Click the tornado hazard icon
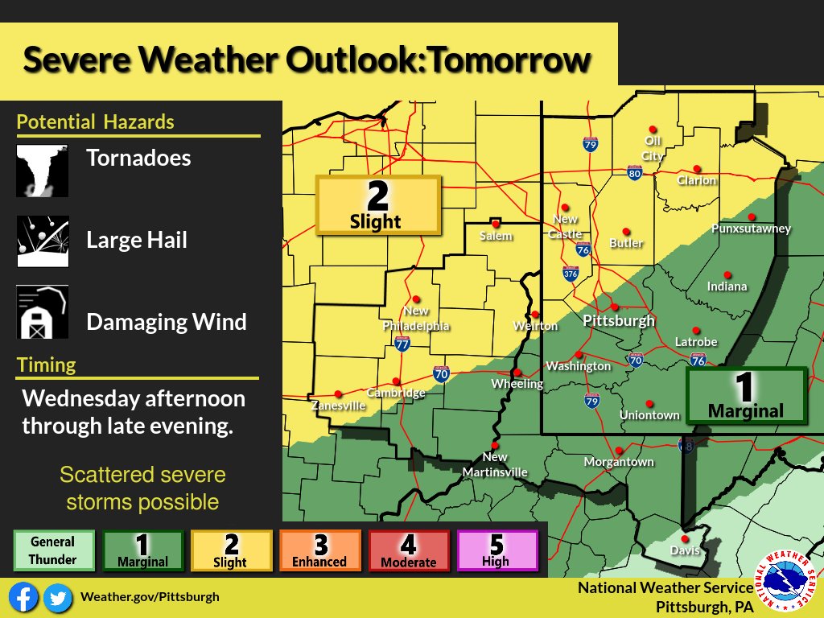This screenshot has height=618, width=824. click(x=42, y=171)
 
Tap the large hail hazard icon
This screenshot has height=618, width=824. click(x=42, y=241)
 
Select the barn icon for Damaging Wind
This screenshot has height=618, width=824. click(x=42, y=312)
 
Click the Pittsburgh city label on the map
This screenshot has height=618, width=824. click(x=618, y=320)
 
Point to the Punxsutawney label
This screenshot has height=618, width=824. click(x=751, y=229)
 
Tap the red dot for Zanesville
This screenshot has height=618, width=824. click(x=338, y=393)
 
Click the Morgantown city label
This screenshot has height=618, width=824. click(x=619, y=462)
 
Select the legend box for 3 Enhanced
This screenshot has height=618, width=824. click(x=319, y=551)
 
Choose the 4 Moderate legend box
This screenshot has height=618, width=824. click(x=408, y=551)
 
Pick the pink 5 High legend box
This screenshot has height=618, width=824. click(x=496, y=551)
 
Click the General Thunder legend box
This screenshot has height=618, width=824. click(x=53, y=550)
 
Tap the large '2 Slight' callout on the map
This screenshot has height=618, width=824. click(x=377, y=205)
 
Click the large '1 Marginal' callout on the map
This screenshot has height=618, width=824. click(x=746, y=395)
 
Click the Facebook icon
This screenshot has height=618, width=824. click(x=25, y=597)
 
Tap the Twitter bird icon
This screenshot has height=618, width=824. click(x=56, y=597)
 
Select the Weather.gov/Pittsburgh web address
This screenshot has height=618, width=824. click(x=150, y=597)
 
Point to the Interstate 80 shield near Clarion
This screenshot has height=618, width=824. click(x=634, y=172)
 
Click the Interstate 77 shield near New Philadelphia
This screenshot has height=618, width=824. click(x=403, y=344)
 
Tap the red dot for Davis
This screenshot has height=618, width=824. click(x=685, y=538)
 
